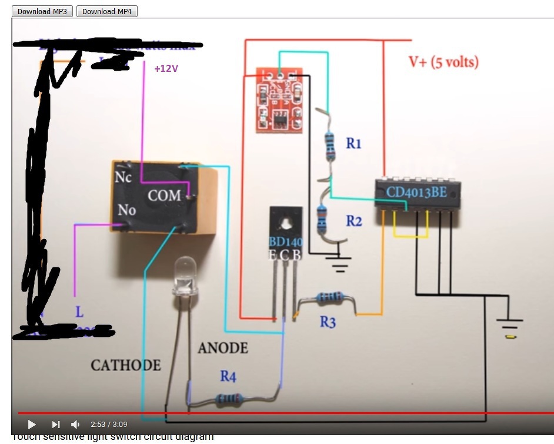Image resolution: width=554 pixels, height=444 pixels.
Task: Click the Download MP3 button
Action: [42, 11]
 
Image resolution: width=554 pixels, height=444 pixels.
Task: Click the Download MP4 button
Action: [107, 11]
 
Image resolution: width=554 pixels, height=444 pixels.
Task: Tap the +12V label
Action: [166, 69]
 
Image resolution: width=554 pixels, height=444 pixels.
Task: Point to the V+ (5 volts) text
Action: [443, 62]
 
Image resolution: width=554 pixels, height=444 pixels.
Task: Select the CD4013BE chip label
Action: [416, 192]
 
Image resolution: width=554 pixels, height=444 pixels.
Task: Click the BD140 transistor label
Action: [285, 242]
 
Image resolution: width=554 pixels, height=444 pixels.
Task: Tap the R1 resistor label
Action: [353, 143]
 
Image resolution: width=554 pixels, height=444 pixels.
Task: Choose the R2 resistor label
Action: [353, 221]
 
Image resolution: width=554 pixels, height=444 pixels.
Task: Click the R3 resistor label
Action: [328, 322]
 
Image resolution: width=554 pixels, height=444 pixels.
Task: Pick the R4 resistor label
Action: [228, 376]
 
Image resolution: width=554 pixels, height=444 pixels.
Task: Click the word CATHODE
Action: [125, 366]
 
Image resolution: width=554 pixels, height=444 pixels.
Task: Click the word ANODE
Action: [222, 348]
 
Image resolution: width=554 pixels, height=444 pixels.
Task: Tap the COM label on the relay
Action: [164, 196]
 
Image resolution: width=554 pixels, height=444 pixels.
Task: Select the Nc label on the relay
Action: [124, 176]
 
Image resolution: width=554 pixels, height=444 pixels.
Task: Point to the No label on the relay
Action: [126, 210]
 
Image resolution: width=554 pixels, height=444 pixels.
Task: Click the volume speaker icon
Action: [75, 424]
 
